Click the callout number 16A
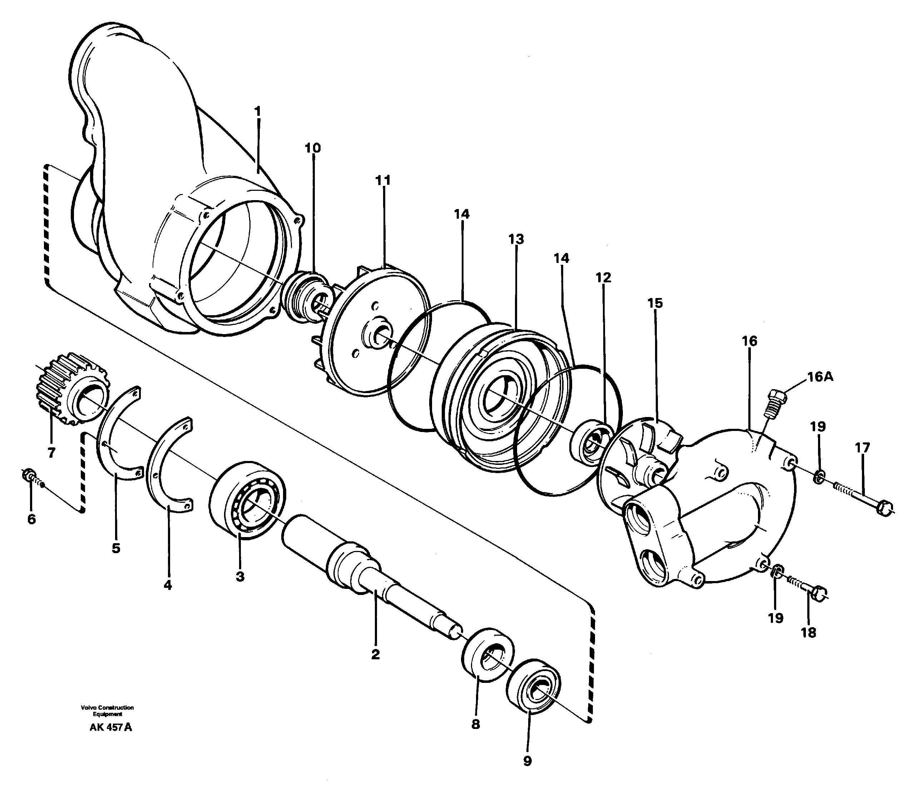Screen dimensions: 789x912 tap(820, 377)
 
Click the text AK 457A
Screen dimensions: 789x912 tap(110, 728)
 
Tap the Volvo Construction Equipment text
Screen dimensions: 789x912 tap(107, 710)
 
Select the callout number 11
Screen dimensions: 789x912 tap(383, 180)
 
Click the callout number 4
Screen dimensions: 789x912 tap(167, 585)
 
